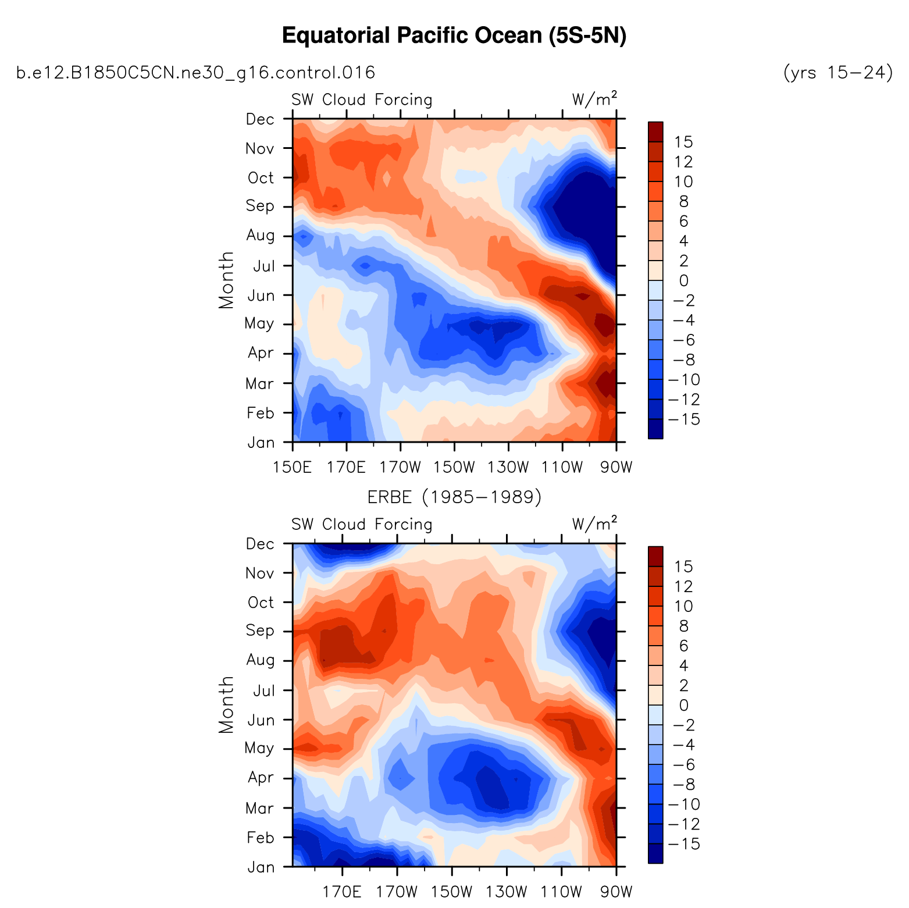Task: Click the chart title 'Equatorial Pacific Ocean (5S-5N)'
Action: pos(454,36)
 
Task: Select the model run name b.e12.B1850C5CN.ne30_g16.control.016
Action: pos(195,73)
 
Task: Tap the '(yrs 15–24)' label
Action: pos(838,73)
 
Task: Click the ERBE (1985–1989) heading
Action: pos(454,497)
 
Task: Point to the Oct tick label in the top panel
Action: pos(260,177)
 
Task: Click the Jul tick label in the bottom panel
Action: pos(263,691)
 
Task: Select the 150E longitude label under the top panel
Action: pos(293,467)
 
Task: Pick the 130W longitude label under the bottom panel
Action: pos(507,892)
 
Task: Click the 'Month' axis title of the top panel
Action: pos(226,280)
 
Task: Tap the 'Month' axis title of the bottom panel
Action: pos(226,704)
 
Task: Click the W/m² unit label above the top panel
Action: pos(594,99)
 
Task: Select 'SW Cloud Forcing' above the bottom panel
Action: pos(362,525)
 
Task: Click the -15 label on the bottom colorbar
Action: pos(684,844)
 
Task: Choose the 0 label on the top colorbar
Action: pos(683,280)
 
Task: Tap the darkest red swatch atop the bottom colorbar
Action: pos(655,556)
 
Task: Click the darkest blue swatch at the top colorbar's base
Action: pos(655,429)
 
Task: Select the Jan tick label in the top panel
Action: pos(261,443)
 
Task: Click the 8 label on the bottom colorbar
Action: pos(683,626)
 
